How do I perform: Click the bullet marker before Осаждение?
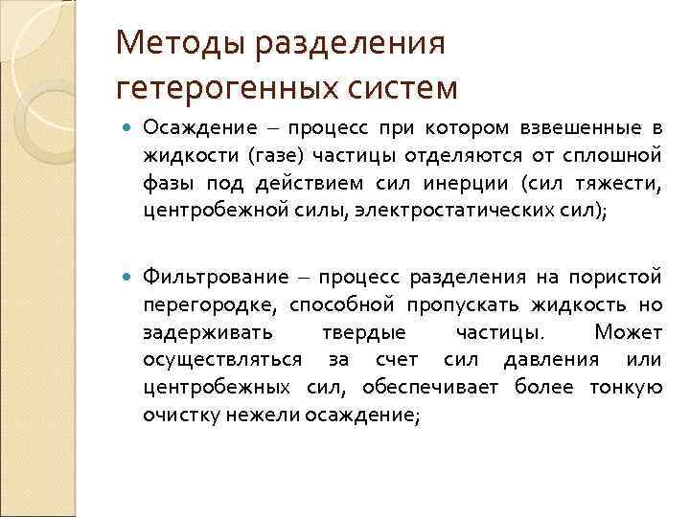click(x=128, y=129)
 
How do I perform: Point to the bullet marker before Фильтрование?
click(x=128, y=278)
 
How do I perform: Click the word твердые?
click(x=374, y=332)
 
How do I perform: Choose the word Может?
click(x=627, y=332)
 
